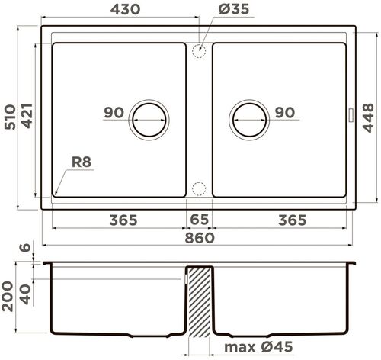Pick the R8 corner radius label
(82, 162)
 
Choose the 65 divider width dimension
(200, 220)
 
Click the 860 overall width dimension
(199, 237)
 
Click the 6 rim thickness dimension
(27, 249)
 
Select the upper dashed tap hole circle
(199, 51)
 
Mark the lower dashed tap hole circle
(199, 188)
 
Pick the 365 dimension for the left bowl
(123, 220)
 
